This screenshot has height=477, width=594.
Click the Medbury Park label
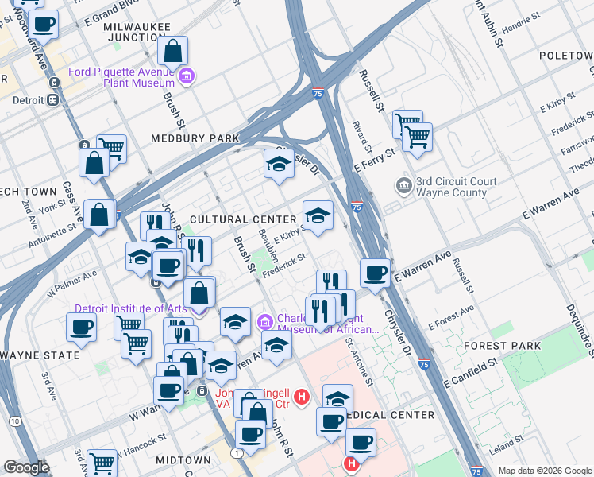(195, 138)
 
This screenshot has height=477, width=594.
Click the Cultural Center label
(232, 219)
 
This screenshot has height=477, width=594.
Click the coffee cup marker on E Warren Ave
(375, 272)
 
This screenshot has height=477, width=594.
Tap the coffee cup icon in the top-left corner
(44, 24)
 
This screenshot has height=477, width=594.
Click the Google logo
(26, 467)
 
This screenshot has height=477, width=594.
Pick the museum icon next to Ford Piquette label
(187, 77)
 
